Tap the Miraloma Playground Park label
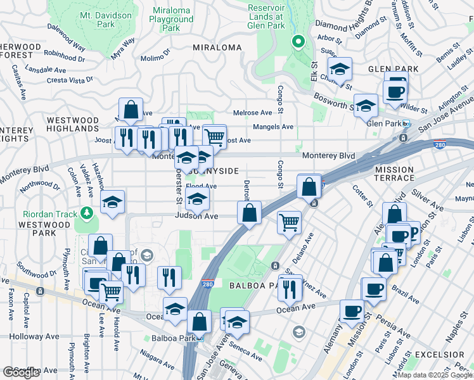click(171, 20)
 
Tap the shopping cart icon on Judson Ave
click(289, 222)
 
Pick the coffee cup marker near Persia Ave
click(352, 311)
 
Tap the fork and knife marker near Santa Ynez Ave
click(290, 288)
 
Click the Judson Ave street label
click(196, 216)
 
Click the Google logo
click(21, 372)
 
